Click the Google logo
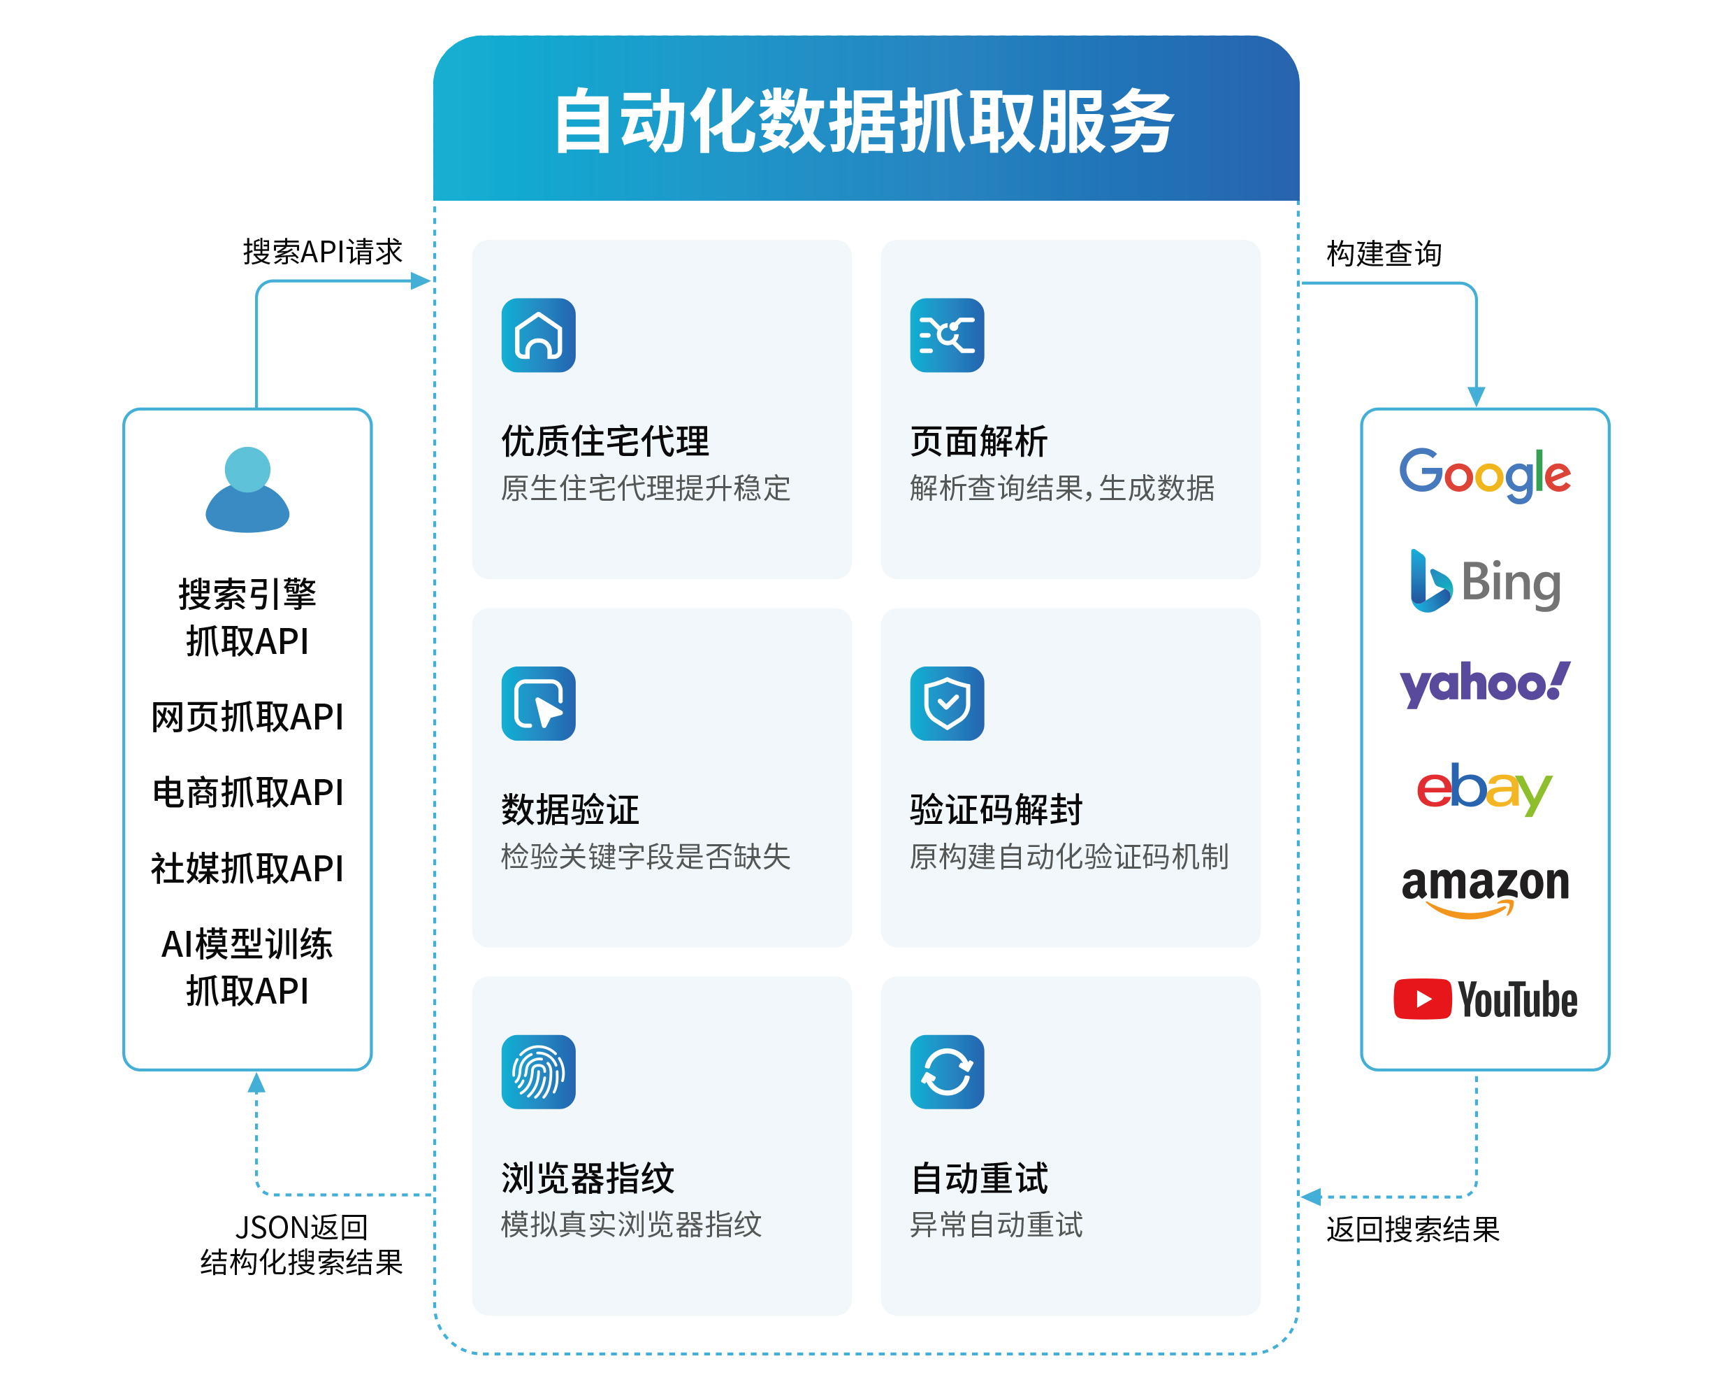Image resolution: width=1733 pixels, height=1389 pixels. (1484, 473)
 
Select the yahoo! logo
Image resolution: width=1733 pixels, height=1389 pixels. (1484, 683)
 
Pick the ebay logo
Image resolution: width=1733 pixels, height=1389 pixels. (1483, 789)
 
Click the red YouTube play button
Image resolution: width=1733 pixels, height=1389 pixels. (1421, 999)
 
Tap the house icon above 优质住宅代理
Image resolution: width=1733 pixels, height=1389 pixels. (538, 336)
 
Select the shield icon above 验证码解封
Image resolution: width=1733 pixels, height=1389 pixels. (946, 703)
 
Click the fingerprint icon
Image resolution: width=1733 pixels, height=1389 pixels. (538, 1071)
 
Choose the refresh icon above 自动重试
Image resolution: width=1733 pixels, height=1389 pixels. (946, 1071)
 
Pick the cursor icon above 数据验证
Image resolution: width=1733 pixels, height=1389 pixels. (538, 703)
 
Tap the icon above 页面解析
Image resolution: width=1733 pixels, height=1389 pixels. (946, 336)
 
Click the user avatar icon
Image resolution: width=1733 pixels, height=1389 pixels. (247, 490)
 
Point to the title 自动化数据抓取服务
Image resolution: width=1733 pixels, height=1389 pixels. (865, 122)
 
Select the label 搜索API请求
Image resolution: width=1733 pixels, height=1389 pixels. (322, 252)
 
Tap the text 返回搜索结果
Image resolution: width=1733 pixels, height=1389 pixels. (1412, 1229)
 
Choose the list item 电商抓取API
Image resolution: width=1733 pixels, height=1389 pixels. (247, 793)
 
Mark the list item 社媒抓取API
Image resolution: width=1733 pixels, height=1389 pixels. (247, 869)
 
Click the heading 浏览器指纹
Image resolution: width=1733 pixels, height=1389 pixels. (588, 1178)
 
